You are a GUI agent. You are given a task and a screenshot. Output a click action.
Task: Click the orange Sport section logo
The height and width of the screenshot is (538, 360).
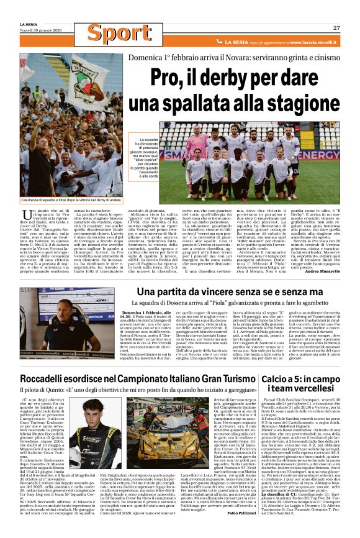[110, 32]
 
